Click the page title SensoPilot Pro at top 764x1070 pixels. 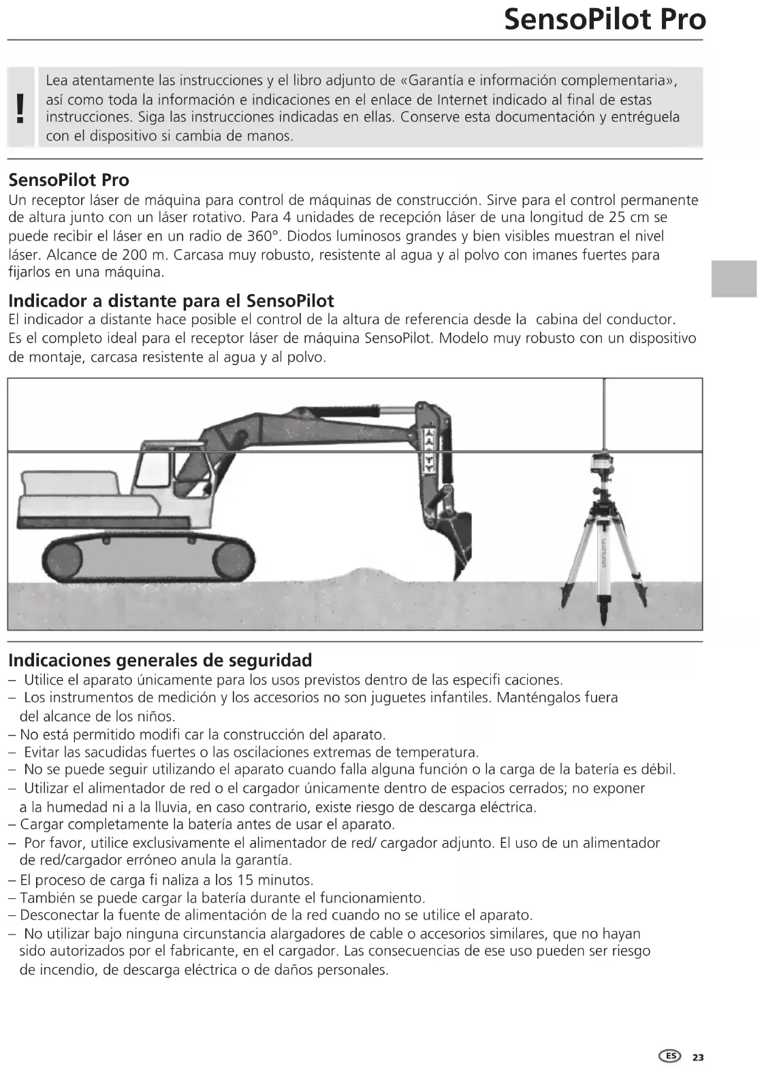pyautogui.click(x=605, y=20)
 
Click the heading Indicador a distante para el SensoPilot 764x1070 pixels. pyautogui.click(x=171, y=300)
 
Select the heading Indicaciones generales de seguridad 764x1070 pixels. pyautogui.click(x=160, y=660)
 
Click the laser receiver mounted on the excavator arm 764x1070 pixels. pyautogui.click(x=429, y=447)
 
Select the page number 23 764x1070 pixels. pyautogui.click(x=698, y=1057)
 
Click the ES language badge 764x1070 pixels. pyautogui.click(x=671, y=1056)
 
